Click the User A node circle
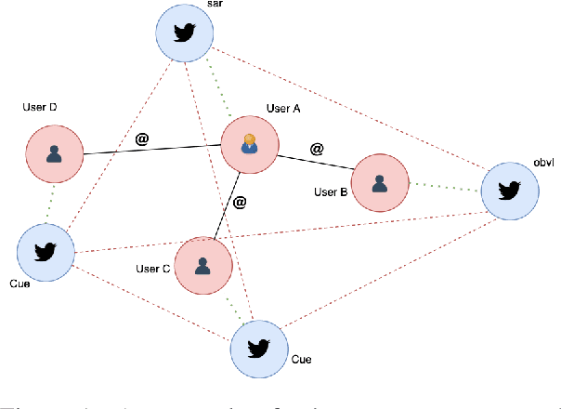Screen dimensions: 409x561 tap(248, 145)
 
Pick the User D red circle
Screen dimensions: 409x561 tap(54, 153)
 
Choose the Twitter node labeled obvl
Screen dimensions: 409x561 tap(509, 192)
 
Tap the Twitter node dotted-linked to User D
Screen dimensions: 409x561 tap(46, 251)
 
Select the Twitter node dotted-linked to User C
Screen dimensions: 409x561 tap(258, 348)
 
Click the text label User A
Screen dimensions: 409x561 tap(284, 108)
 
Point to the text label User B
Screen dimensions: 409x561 tap(331, 192)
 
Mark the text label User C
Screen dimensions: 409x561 tap(152, 269)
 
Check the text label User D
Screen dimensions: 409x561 tap(40, 109)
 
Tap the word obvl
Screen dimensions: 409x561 tap(544, 163)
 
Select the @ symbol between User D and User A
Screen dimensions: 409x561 tap(142, 139)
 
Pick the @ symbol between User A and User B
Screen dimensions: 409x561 tap(317, 148)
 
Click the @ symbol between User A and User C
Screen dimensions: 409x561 tap(239, 202)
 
